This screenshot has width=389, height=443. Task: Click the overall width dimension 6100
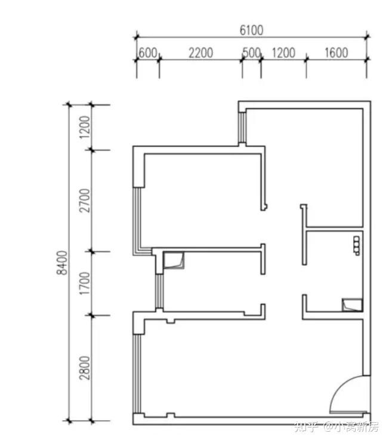[x=251, y=30]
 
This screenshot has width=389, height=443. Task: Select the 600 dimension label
[x=147, y=53]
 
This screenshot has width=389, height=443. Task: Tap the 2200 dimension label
[x=200, y=53]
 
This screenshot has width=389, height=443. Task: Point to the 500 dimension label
[x=252, y=53]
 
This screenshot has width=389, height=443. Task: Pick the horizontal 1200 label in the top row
[x=283, y=53]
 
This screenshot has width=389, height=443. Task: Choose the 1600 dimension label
[x=336, y=53]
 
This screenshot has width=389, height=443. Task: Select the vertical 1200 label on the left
[x=84, y=127]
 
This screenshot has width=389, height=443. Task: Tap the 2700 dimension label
[x=84, y=201]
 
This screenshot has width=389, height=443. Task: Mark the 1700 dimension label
[x=84, y=284]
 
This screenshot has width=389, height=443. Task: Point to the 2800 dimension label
[x=84, y=368]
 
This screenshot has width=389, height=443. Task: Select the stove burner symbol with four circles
[x=357, y=246]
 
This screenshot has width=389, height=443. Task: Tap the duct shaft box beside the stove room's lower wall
[x=352, y=305]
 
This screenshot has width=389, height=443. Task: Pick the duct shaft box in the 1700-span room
[x=174, y=260]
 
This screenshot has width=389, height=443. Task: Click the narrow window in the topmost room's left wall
[x=242, y=127]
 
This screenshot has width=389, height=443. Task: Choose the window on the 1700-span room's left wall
[x=159, y=291]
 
